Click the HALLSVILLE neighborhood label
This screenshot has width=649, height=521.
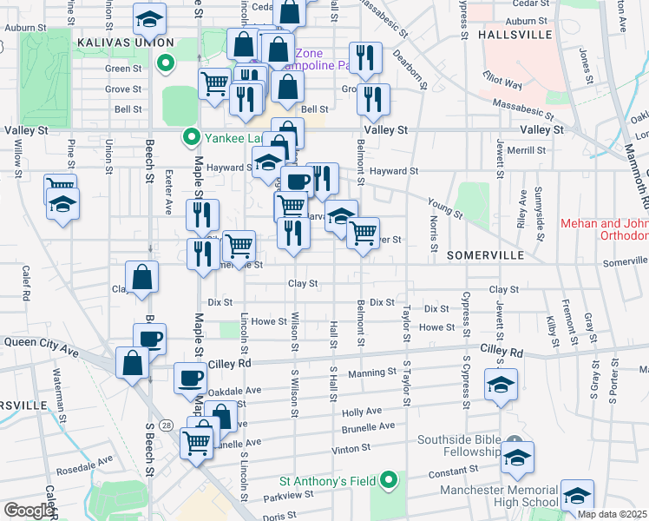[515, 34]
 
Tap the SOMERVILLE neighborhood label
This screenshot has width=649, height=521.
[486, 255]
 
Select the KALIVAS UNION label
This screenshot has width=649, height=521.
[126, 43]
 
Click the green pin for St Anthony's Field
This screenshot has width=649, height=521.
[390, 479]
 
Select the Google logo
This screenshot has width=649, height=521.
[29, 511]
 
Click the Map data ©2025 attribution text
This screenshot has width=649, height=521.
[612, 514]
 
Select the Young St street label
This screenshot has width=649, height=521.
[443, 207]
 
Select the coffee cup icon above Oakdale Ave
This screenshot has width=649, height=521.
[190, 378]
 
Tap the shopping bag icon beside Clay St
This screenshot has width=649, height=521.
[142, 278]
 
